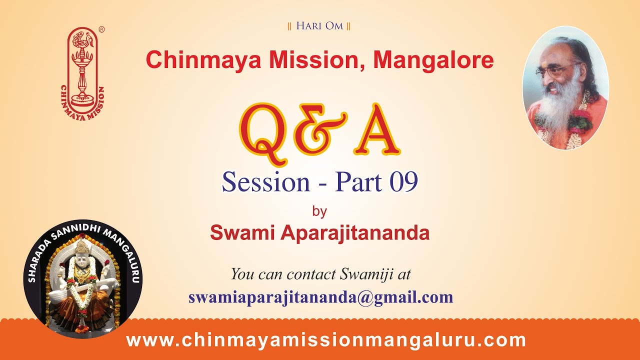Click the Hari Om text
[x=319, y=26]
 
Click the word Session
[x=266, y=182]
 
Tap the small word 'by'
[x=319, y=211]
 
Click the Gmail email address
[x=320, y=297]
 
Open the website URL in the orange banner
[x=326, y=340]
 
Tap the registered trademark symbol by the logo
[x=101, y=30]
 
